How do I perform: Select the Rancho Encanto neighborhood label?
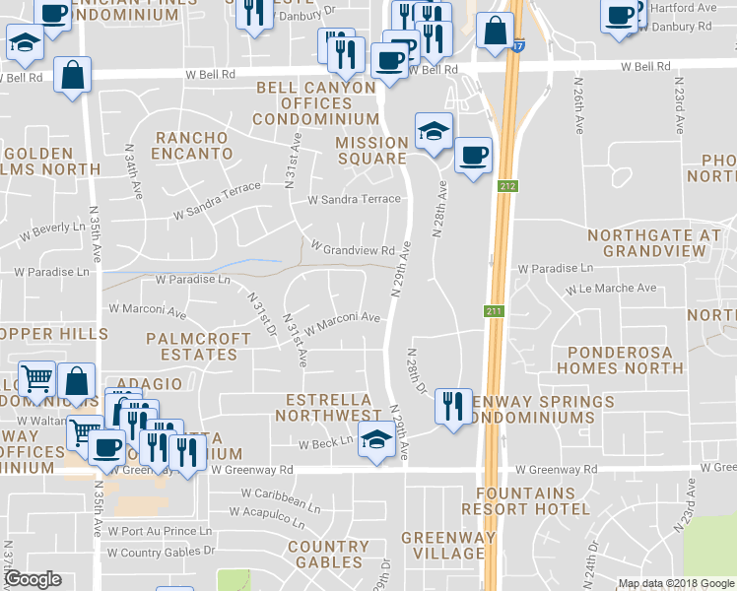click(193, 146)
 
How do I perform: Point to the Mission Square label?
click(371, 151)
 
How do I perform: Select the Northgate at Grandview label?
click(654, 243)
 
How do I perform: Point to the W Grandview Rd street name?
click(353, 247)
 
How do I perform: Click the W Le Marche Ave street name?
click(611, 290)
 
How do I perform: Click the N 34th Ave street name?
click(128, 170)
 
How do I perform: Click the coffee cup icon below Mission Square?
click(473, 155)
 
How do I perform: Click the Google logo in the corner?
click(33, 579)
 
